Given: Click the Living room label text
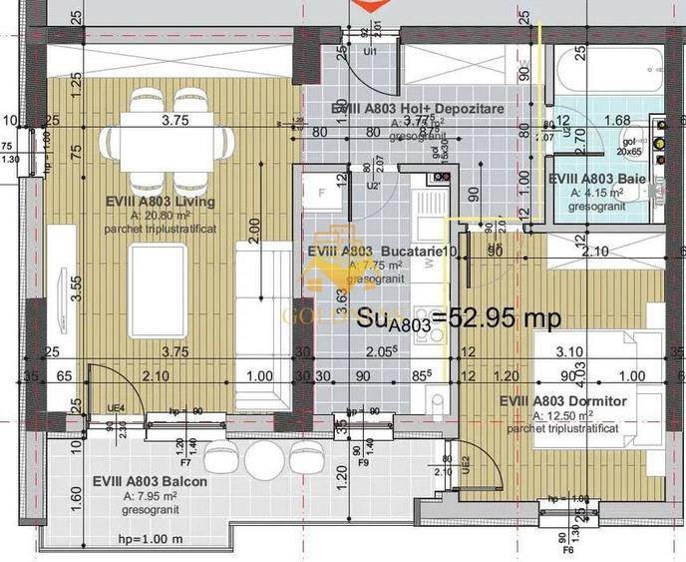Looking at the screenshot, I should pos(166,201).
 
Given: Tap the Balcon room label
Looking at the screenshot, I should pos(150,480).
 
